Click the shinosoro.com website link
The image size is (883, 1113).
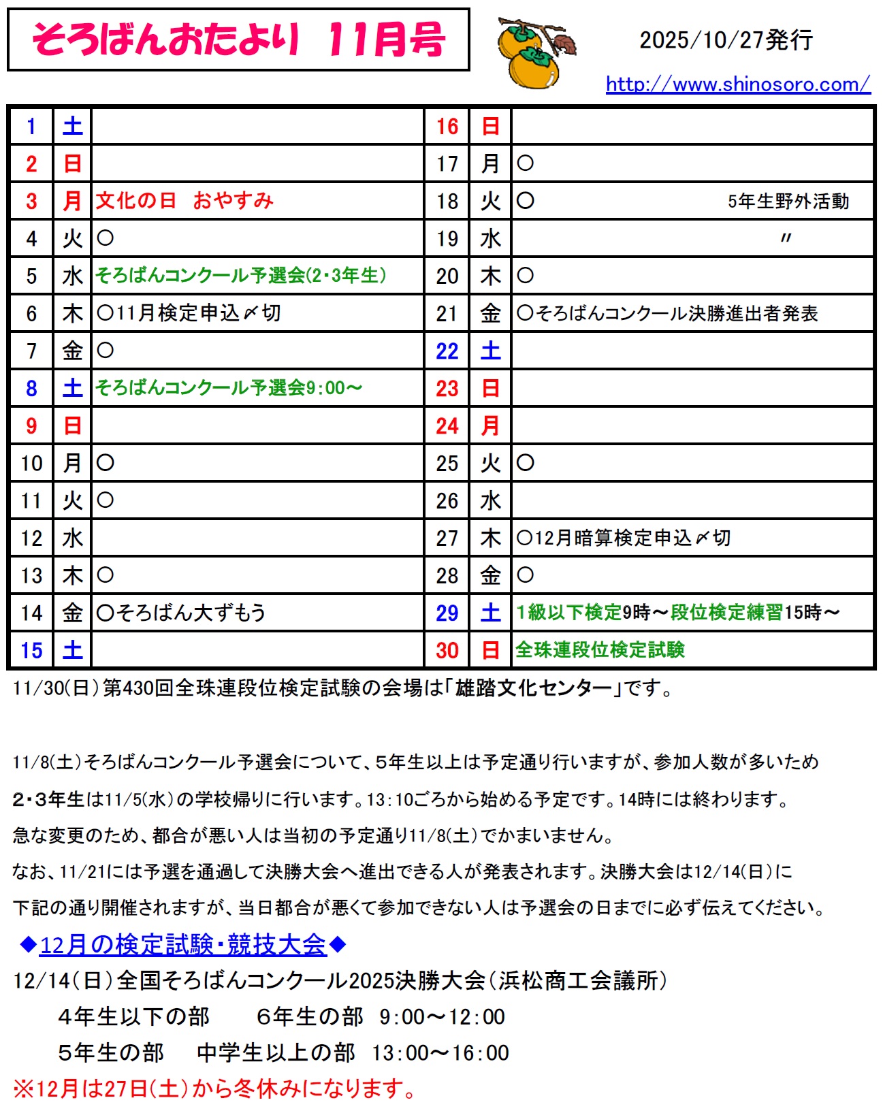click(737, 84)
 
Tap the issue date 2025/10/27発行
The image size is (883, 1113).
click(726, 40)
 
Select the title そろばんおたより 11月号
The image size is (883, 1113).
click(238, 39)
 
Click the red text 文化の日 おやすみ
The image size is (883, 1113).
click(184, 201)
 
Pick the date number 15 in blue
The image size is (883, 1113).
click(31, 650)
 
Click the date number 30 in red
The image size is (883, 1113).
click(447, 650)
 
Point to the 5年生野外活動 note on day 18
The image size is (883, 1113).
click(788, 201)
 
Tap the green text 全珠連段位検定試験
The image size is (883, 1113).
click(600, 650)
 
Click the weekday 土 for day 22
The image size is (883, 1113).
click(490, 351)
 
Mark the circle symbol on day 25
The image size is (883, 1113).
click(525, 463)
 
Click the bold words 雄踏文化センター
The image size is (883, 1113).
click(534, 688)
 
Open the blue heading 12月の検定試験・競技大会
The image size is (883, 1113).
click(183, 945)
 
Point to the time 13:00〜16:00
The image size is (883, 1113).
click(440, 1053)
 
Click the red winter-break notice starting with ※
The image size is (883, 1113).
click(214, 1088)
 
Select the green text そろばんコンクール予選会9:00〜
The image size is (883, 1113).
click(229, 388)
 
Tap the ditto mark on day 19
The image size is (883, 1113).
click(786, 238)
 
